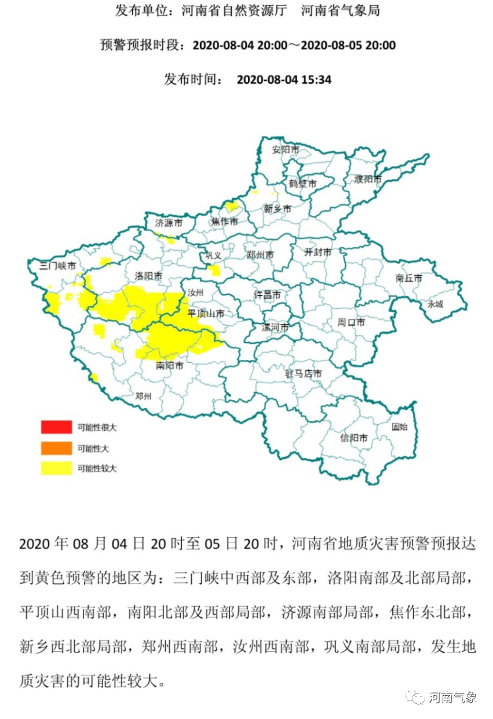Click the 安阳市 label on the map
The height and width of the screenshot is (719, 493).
pos(286,149)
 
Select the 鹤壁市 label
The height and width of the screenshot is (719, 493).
pos(303,184)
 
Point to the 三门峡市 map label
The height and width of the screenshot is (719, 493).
pos(57,267)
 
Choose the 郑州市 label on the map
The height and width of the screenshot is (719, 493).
pos(260,254)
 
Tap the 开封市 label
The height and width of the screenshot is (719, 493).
pos(318,253)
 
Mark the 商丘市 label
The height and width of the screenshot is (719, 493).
pos(409,278)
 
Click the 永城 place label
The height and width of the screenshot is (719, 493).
pos(435,304)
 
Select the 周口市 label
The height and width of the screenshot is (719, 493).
pos(351,322)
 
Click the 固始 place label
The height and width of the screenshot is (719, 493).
pos(399,427)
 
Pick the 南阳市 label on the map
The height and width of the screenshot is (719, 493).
pos(170,366)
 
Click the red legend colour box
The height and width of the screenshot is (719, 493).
pos(56,428)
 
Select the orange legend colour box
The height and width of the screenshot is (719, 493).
pos(56,448)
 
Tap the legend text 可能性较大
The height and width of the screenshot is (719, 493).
pos(97,468)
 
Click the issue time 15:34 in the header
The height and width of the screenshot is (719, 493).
pos(316,80)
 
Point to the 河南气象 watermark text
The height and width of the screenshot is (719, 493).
pos(452,697)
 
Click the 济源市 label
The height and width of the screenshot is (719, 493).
pos(169,222)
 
